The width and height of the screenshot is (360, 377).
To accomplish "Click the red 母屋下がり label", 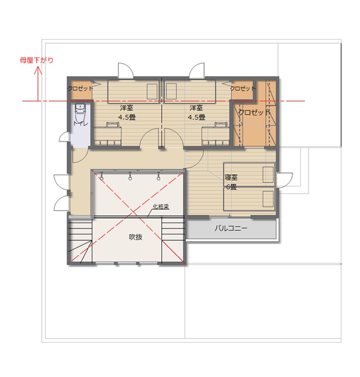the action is (x=37, y=60).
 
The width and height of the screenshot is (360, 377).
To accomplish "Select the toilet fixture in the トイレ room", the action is (x=80, y=113).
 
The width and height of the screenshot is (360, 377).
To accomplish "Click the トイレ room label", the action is (x=81, y=123).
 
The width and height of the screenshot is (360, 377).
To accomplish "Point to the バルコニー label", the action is (x=231, y=228).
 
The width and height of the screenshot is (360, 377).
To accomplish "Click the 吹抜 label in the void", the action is (x=136, y=237).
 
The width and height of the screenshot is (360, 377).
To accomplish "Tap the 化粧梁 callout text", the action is (x=161, y=206).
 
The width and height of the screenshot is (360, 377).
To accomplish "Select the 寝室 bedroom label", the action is (x=231, y=178).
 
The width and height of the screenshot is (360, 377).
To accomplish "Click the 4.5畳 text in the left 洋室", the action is (x=127, y=117).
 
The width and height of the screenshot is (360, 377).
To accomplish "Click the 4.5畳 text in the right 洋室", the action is (x=196, y=117).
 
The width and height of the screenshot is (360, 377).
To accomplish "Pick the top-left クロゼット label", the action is (x=80, y=88).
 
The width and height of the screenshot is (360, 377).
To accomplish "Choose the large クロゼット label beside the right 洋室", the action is (x=254, y=112).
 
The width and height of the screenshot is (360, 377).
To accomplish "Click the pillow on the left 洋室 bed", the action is (x=152, y=92).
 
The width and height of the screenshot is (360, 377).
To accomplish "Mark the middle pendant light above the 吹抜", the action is (x=130, y=176).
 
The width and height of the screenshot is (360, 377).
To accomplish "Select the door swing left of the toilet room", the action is (x=64, y=137).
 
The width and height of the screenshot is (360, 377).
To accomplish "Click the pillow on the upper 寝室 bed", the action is (x=268, y=174).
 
